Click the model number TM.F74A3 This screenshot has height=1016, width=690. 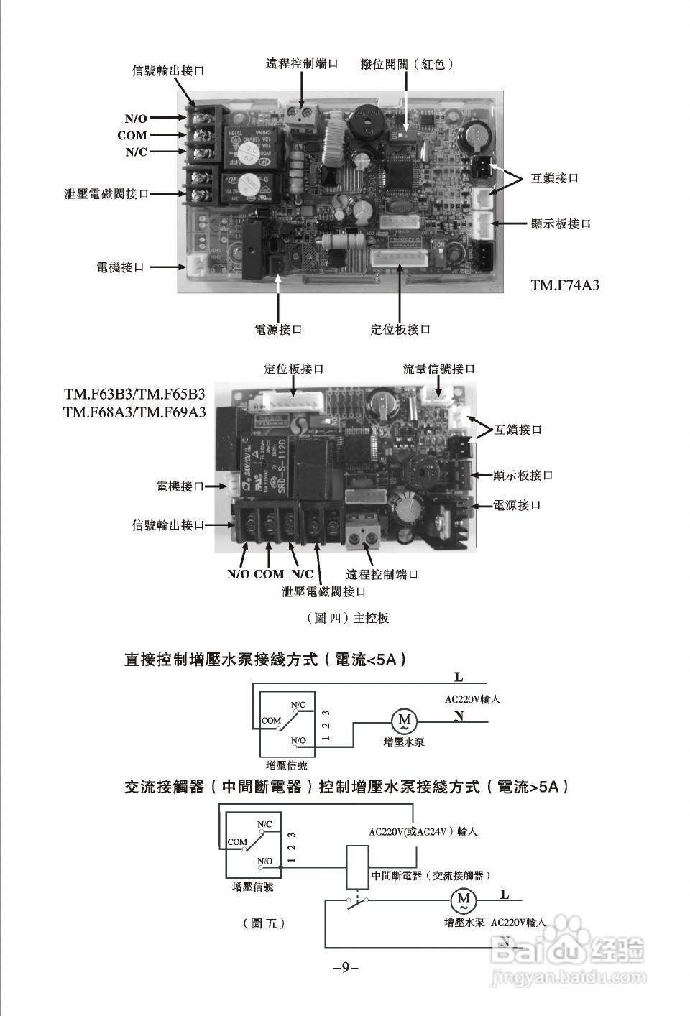565,285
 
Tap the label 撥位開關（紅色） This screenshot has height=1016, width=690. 408,64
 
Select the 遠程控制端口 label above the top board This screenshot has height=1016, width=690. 302,64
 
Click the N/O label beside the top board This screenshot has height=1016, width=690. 136,119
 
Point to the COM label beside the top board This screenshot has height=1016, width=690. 132,135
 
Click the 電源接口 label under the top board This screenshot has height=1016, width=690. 278,329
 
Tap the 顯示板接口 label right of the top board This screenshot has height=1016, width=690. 561,223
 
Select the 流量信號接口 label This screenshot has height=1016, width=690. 439,369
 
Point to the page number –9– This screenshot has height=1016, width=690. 346,967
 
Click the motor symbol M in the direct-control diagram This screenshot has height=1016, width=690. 404,719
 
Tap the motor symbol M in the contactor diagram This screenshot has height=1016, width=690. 464,898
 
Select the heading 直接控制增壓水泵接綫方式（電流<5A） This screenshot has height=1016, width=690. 266,660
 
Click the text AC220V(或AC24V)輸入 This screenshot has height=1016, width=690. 423,831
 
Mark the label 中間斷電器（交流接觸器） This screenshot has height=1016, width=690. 431,876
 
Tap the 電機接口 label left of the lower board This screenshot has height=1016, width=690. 180,486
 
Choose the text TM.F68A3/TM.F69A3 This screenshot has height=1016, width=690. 134,412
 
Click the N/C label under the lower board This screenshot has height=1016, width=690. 302,574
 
